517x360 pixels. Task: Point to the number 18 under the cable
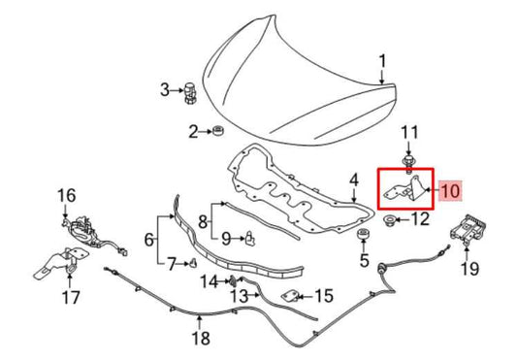pyautogui.click(x=199, y=339)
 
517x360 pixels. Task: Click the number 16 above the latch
pyautogui.click(x=65, y=196)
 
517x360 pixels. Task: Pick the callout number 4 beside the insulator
pyautogui.click(x=354, y=180)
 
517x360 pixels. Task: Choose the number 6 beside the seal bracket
pyautogui.click(x=150, y=238)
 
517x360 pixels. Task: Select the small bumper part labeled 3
pyautogui.click(x=191, y=93)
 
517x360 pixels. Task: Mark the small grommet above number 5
pyautogui.click(x=365, y=238)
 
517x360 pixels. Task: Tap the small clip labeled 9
pyautogui.click(x=249, y=235)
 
